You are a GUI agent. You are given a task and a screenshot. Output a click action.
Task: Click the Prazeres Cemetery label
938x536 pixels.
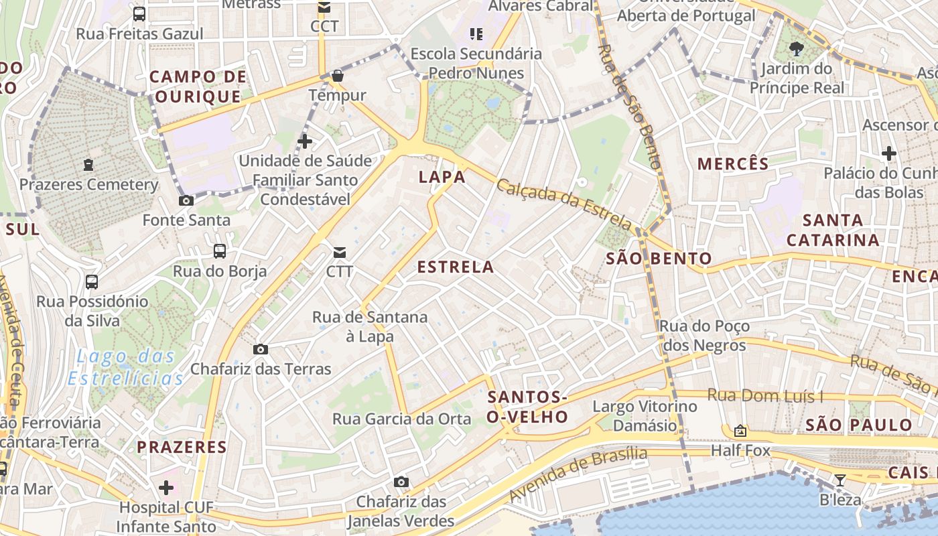(x=88, y=184)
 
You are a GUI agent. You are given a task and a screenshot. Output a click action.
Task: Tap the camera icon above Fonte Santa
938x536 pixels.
(x=186, y=200)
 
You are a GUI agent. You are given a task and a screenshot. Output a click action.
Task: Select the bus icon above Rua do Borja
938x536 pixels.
(x=220, y=251)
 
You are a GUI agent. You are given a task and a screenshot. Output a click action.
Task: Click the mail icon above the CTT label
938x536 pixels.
(x=340, y=252)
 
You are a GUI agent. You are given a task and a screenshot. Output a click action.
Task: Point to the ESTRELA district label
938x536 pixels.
(x=456, y=267)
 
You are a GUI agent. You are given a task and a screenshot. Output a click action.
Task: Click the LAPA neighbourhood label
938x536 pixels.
(x=442, y=177)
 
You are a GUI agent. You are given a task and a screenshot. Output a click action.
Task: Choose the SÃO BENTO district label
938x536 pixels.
(x=659, y=259)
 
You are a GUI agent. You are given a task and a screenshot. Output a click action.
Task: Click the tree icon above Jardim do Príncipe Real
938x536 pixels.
(x=797, y=48)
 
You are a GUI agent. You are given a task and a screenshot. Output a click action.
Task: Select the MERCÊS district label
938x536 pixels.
(x=733, y=163)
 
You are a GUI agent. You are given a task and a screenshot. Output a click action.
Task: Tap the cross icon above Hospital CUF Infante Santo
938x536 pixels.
(x=166, y=487)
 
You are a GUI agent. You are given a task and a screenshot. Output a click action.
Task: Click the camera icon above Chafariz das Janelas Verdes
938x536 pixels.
(x=401, y=482)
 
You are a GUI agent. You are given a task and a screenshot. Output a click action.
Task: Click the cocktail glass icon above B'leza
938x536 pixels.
(x=840, y=480)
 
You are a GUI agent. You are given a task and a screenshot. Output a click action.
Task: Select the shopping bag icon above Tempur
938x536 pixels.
(x=338, y=76)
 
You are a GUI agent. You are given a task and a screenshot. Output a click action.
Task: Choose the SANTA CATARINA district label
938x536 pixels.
(x=833, y=230)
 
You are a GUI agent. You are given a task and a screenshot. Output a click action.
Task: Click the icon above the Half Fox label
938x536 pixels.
(x=740, y=431)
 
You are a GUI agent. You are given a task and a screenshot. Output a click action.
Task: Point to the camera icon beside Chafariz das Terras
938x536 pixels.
(x=261, y=349)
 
